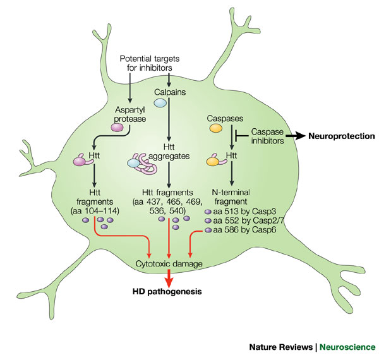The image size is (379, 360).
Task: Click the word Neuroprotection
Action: (x=341, y=136)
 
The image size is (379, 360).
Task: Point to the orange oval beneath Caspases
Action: (x=217, y=129)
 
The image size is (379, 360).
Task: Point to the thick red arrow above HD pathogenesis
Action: (x=169, y=277)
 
